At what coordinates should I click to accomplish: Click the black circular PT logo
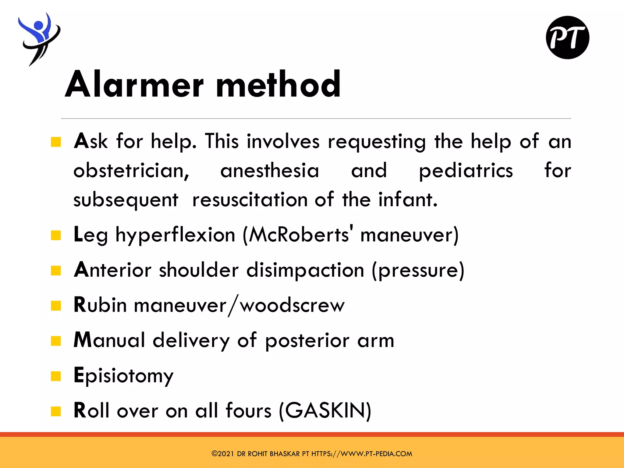(x=567, y=37)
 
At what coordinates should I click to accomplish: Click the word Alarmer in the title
(x=134, y=84)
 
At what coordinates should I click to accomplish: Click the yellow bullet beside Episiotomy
(x=56, y=376)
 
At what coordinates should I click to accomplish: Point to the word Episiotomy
(x=123, y=376)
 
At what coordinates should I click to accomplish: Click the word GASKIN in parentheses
(x=325, y=410)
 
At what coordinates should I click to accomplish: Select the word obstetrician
(x=131, y=171)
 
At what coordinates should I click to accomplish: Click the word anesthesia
(x=270, y=171)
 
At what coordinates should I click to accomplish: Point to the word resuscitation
(x=250, y=200)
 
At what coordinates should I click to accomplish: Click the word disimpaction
(x=305, y=270)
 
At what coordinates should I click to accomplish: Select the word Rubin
(x=100, y=305)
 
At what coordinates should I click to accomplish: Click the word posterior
(x=307, y=341)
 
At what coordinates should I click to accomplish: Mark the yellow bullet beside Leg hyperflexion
(x=56, y=236)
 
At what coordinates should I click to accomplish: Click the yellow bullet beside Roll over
(x=56, y=411)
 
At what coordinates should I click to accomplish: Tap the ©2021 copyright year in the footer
(x=223, y=454)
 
